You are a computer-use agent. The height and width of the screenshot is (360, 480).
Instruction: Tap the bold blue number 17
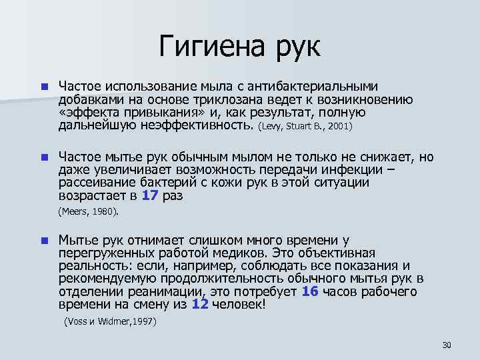coord(152,196)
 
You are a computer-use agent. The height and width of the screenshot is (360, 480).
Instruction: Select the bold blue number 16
coord(310,291)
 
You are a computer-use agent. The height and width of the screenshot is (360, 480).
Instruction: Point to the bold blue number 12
coord(200,304)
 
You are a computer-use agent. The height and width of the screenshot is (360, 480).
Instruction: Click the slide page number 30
coord(447,345)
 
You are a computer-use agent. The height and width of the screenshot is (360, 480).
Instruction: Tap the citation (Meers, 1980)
coord(89,211)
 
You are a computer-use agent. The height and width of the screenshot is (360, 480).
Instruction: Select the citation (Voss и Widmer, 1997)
coord(110,321)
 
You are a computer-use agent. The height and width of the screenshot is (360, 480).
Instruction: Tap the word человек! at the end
coord(241,304)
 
